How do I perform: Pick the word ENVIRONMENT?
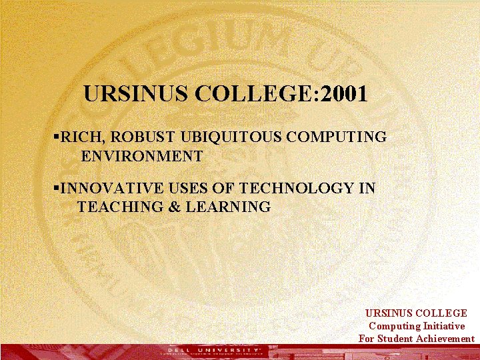click(x=141, y=157)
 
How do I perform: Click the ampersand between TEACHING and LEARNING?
click(x=175, y=207)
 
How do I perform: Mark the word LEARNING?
click(x=228, y=207)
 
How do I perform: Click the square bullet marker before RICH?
click(x=56, y=137)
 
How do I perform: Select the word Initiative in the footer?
click(x=443, y=326)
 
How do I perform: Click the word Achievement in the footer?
click(x=445, y=339)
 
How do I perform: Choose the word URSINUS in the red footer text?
click(x=389, y=313)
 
